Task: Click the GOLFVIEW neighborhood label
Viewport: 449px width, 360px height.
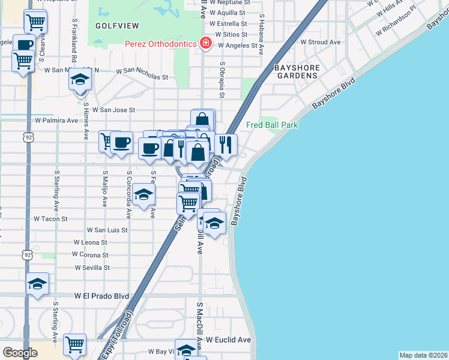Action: [x=117, y=26]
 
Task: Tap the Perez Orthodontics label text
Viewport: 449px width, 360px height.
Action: [x=160, y=44]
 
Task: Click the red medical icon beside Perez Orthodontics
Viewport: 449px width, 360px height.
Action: [x=206, y=43]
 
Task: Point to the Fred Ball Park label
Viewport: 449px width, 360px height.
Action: [x=272, y=125]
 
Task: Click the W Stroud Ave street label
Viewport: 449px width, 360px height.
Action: [x=321, y=43]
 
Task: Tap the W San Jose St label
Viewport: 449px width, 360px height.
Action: [x=109, y=110]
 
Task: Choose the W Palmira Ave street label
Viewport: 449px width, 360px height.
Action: [x=57, y=120]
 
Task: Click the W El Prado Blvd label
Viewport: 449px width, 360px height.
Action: [x=102, y=296]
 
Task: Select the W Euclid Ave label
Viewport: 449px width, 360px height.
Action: [x=228, y=340]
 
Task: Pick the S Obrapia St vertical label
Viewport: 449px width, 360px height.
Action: [x=222, y=79]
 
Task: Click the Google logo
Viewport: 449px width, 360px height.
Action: [x=20, y=352]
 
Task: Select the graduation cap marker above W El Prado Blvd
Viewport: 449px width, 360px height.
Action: [x=38, y=284]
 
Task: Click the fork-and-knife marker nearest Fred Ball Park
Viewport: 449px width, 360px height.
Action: [x=226, y=145]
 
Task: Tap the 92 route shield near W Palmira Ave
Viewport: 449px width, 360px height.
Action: [x=28, y=137]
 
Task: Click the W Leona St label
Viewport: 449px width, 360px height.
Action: [x=90, y=242]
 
